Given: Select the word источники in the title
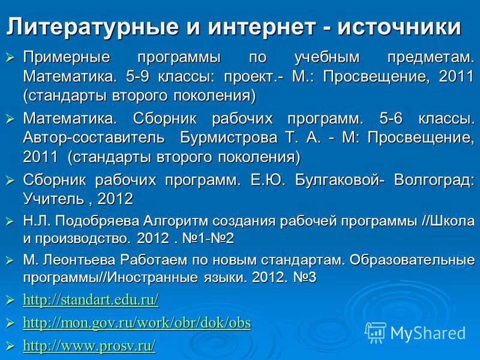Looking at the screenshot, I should click(x=398, y=26).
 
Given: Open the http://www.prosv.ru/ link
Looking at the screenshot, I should click(x=89, y=346).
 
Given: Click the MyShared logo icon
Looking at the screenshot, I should click(x=376, y=332).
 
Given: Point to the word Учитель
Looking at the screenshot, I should click(x=51, y=198).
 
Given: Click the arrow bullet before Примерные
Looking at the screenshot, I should click(x=10, y=58).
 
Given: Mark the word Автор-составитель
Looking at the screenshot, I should click(x=94, y=138).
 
